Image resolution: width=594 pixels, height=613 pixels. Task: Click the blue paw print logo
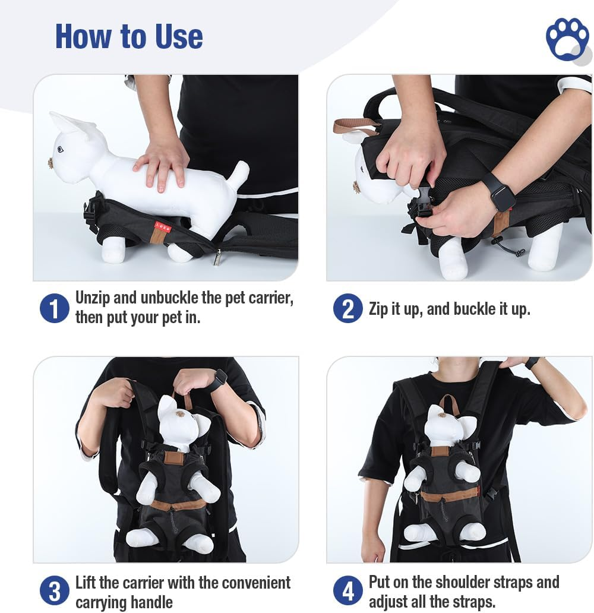click(567, 39)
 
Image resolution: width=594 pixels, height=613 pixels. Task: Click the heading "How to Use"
click(129, 36)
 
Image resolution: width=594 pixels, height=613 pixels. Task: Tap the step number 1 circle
click(54, 308)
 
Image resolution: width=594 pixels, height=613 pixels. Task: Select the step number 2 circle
click(347, 308)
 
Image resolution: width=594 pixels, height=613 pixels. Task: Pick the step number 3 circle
click(54, 590)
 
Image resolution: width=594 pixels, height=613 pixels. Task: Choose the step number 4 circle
click(347, 590)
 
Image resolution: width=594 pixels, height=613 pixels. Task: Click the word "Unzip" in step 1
click(93, 298)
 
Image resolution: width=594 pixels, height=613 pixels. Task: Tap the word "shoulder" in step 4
click(486, 582)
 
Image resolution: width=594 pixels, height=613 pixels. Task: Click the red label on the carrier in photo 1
click(162, 226)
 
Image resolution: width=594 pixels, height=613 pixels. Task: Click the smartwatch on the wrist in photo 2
click(498, 191)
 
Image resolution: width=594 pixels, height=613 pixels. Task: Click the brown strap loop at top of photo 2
click(355, 125)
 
